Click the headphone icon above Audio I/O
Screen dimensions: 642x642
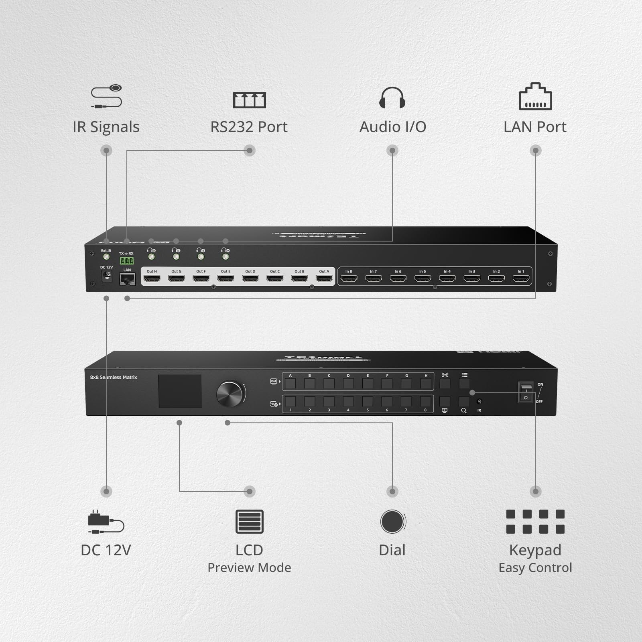[x=392, y=98]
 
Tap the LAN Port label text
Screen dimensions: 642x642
[x=535, y=127]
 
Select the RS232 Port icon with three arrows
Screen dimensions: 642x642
[x=249, y=100]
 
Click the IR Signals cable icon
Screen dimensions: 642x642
[x=106, y=97]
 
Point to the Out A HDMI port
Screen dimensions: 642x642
[x=324, y=278]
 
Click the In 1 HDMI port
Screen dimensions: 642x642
[x=521, y=278]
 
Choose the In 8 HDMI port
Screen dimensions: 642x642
[x=349, y=278]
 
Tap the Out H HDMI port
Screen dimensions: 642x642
[x=152, y=278]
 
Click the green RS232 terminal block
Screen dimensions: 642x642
[x=126, y=261]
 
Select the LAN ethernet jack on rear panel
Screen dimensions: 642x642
[x=127, y=279]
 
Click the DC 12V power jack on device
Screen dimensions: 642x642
[x=107, y=276]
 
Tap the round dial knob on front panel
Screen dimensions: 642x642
[x=230, y=394]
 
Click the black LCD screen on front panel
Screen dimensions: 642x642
[x=180, y=391]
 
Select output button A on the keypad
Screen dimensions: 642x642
[x=290, y=384]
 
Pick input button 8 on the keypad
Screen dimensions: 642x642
[x=425, y=401]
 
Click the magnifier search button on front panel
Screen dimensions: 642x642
[x=464, y=402]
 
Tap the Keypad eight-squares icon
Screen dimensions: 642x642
[x=535, y=522]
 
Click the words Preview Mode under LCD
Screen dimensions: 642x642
[x=249, y=568]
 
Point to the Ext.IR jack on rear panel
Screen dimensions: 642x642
[x=106, y=257]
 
